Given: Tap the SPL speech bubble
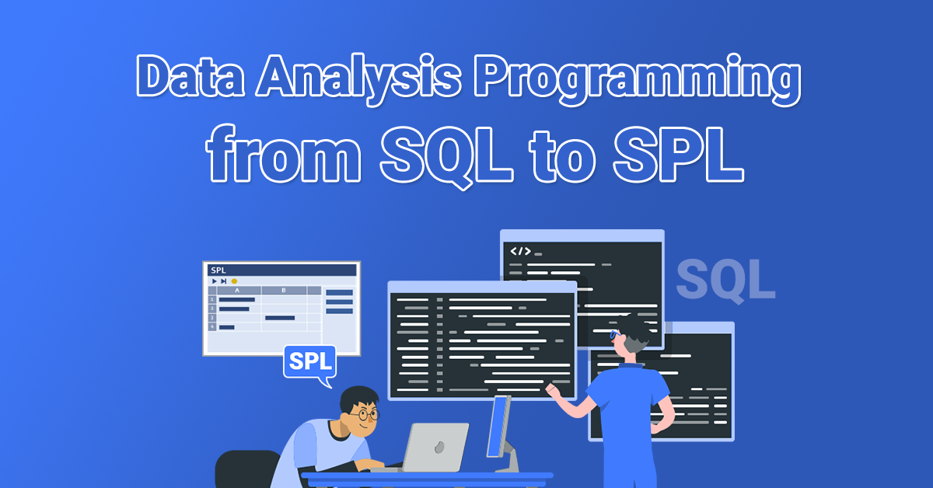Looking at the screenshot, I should click(309, 362).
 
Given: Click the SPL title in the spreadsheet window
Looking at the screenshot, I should click(218, 270).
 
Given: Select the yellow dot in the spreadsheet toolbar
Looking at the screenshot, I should click(234, 281).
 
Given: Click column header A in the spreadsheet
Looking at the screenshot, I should click(237, 291).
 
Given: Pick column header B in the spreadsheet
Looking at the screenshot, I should click(283, 291).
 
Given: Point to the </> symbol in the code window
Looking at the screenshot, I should click(520, 251).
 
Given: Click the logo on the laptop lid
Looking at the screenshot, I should click(440, 448).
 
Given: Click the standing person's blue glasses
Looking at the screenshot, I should click(613, 334).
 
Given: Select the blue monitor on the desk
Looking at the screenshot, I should click(498, 425).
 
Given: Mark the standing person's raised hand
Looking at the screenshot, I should click(553, 389).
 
